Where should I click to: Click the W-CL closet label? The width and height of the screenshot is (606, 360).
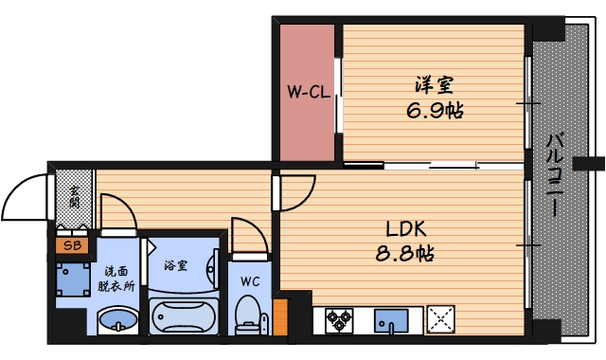309,92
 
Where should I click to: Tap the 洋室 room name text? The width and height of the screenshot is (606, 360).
435,85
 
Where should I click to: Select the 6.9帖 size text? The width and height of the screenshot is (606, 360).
435,111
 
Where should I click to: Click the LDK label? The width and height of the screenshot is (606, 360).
406,229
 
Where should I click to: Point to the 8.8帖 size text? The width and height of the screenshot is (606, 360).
405,254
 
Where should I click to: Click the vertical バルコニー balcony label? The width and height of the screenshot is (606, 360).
555,174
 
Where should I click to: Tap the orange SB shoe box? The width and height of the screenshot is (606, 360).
73,245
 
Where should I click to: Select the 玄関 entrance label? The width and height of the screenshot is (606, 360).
74,196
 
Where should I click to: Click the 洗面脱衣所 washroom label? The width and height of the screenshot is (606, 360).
116,279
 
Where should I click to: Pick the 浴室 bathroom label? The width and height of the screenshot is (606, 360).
176,265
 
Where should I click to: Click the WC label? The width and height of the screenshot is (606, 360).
250,281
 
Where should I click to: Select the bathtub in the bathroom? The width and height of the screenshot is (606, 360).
184,316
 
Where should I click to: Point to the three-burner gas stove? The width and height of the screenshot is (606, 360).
339,320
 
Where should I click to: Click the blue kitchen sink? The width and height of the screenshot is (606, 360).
391,320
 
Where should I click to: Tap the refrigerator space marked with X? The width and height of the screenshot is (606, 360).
440,319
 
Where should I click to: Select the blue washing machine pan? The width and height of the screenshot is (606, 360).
73,279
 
